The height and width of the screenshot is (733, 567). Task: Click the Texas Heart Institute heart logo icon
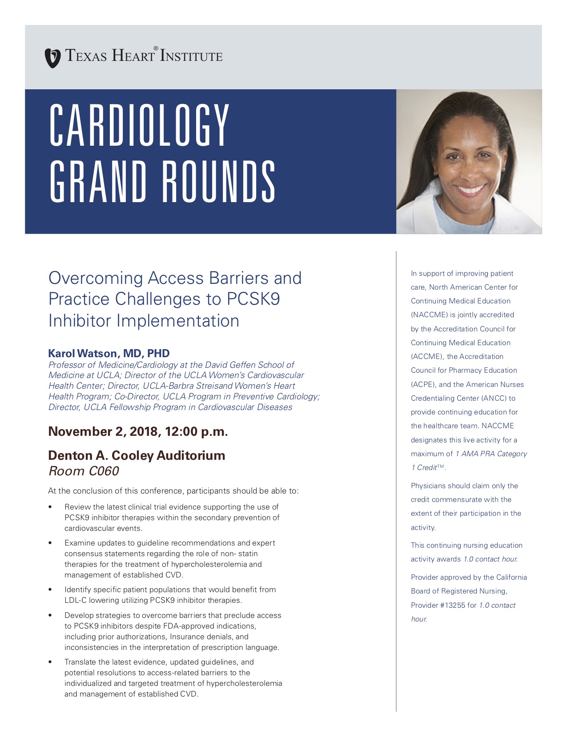point(53,58)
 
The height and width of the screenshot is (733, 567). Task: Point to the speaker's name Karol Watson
point(82,354)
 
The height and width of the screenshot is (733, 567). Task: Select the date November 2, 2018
point(102,432)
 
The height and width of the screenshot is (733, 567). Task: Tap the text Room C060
point(84,471)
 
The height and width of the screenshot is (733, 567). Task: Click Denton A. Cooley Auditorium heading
point(137,456)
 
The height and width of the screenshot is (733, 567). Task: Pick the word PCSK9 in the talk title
point(253,299)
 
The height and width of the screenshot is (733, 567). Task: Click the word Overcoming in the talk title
point(95,278)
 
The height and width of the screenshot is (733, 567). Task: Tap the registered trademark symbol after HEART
point(156,48)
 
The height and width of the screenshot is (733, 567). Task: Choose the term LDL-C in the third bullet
point(76,601)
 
